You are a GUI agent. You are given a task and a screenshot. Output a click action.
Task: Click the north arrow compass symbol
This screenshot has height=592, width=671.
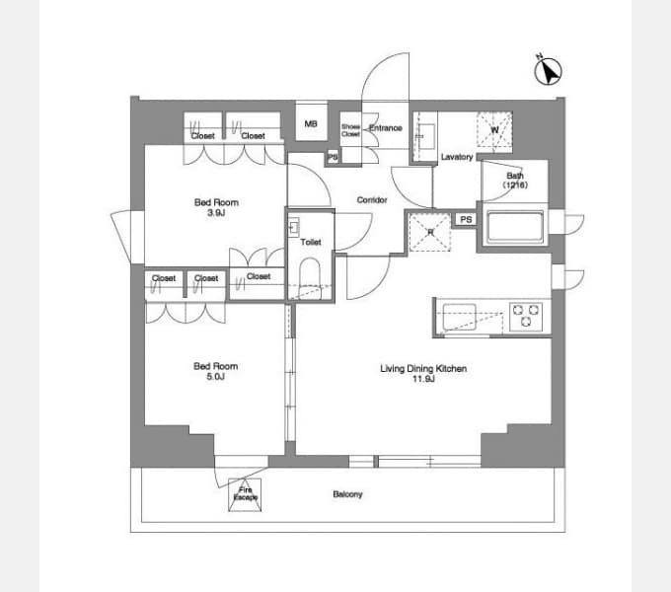[549, 71]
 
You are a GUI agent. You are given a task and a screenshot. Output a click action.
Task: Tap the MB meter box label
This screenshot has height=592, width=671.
[311, 124]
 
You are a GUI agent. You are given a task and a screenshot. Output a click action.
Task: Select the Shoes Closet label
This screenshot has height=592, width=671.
[350, 130]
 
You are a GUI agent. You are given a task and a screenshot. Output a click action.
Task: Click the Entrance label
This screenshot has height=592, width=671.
[386, 128]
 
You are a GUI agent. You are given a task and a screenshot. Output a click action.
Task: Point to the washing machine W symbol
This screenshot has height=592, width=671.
[494, 130]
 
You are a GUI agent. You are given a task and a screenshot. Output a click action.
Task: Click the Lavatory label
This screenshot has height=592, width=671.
[457, 157]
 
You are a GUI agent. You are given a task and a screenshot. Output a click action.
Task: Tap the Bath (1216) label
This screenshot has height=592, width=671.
[515, 181]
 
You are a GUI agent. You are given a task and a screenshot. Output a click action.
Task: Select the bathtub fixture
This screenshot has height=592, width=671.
[513, 227]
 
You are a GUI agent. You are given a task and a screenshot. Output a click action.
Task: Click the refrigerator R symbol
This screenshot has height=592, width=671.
[430, 232]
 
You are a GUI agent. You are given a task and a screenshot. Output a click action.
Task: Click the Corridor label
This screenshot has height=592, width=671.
[372, 199]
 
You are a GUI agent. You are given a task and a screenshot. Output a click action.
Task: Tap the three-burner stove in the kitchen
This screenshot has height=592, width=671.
[526, 317]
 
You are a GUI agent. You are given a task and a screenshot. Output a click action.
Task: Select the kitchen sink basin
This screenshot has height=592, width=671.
[460, 317]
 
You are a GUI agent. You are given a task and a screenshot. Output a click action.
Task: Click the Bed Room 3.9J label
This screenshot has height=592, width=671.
[216, 207]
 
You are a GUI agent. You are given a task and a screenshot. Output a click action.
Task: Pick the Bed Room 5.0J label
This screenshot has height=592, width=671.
[216, 371]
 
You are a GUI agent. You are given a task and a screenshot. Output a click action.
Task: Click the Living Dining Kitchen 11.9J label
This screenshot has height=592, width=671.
[423, 373]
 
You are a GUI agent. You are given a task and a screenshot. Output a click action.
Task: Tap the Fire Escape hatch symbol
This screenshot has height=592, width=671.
[245, 494]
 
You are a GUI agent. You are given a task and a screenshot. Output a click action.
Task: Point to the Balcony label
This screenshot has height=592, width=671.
[347, 494]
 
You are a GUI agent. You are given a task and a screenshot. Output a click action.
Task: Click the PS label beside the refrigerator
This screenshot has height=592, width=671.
[466, 219]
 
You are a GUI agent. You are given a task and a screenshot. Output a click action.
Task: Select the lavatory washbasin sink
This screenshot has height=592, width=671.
[426, 136]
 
